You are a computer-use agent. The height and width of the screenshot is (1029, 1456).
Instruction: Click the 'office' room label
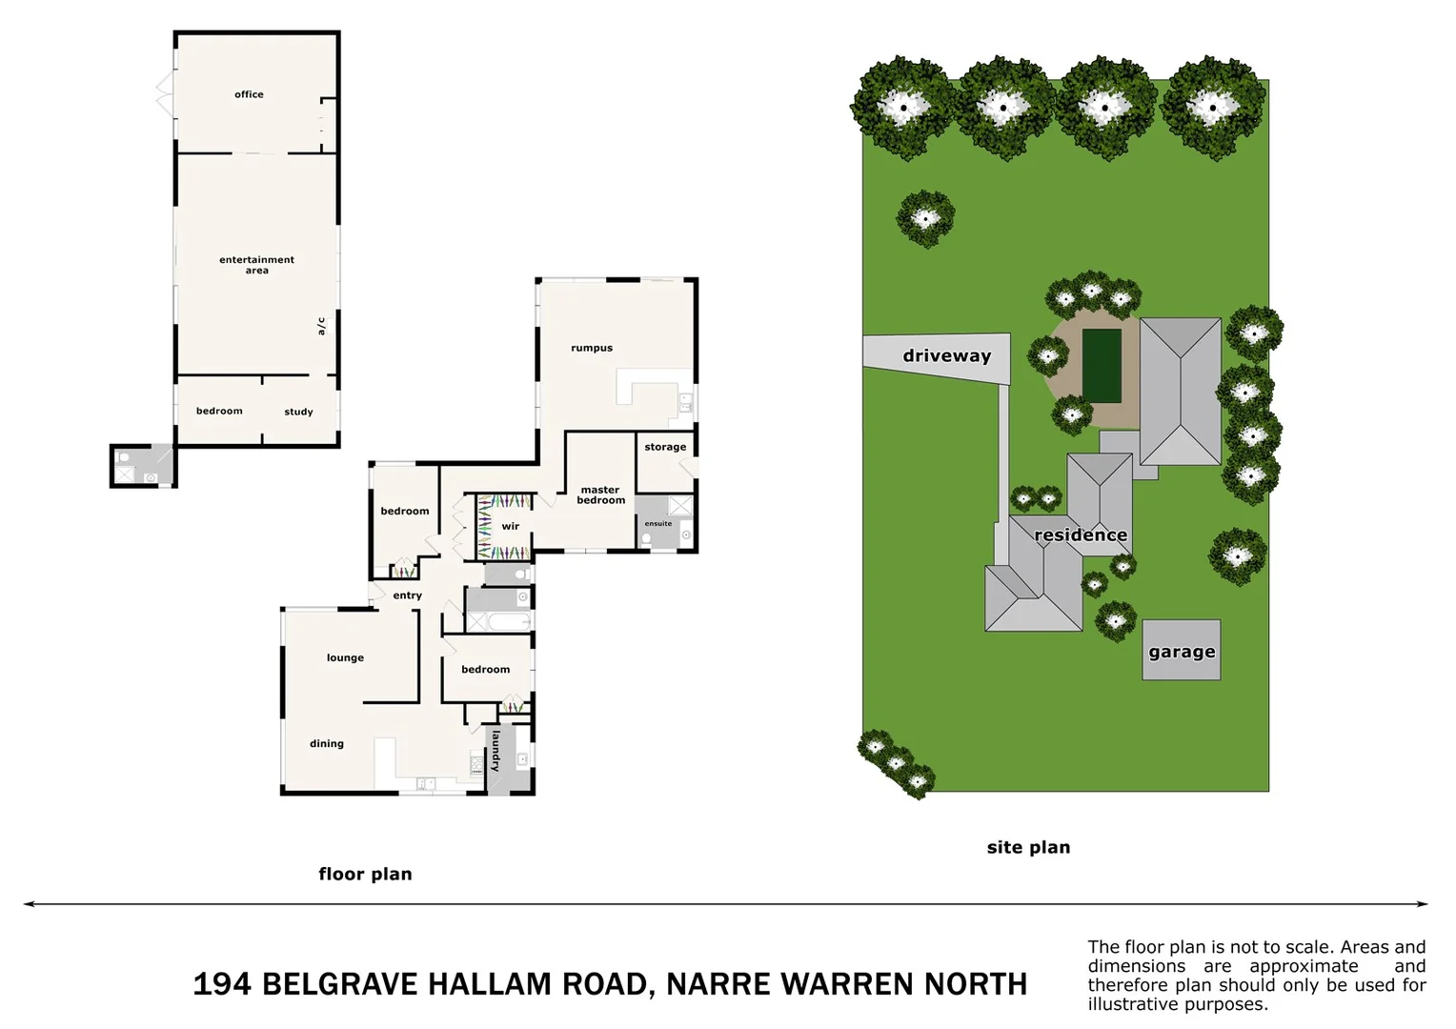tap(249, 94)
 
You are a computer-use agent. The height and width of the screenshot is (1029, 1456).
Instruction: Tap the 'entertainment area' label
tap(256, 265)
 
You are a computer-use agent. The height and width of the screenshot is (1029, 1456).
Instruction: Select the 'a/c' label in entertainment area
tap(321, 326)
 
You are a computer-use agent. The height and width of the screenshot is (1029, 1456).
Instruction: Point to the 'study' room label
tap(298, 413)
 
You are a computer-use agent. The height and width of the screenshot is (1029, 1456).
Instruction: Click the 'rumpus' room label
tap(592, 349)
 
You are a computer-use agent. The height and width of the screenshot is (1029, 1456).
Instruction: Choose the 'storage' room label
tap(665, 447)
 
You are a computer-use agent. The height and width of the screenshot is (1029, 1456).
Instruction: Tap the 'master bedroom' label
tap(600, 495)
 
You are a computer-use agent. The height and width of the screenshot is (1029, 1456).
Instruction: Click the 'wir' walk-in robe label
tap(511, 527)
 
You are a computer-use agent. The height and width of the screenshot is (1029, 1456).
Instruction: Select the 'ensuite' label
tap(657, 524)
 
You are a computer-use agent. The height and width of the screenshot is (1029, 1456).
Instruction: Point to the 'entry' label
tap(407, 596)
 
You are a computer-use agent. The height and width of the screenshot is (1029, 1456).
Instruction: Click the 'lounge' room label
tap(345, 658)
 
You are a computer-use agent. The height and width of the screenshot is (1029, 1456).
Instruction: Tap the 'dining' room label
tap(326, 744)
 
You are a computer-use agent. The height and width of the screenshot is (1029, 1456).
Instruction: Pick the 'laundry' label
tap(495, 750)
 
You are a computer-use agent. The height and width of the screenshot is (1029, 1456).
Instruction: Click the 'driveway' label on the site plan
tap(946, 356)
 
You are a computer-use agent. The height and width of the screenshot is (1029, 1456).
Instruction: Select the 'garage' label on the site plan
tap(1182, 653)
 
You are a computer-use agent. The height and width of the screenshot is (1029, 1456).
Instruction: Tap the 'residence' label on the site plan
tap(1081, 535)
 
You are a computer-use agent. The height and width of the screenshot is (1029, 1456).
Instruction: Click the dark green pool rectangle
tap(1102, 366)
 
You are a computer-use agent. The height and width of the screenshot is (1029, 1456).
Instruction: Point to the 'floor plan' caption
tap(365, 875)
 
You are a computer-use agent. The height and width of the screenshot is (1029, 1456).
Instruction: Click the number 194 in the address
tap(222, 984)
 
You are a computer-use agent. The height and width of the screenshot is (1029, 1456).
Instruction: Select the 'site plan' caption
tap(1028, 848)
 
